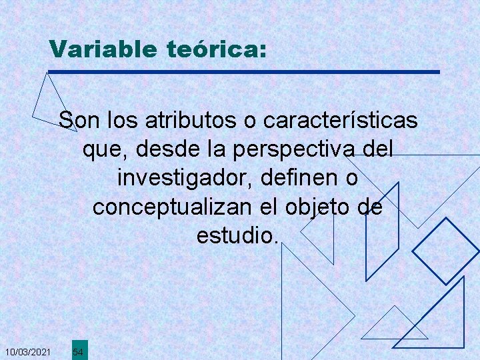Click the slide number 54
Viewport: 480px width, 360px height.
click(78, 351)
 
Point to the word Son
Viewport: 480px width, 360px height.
click(77, 121)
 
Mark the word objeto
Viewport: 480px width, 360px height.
click(318, 207)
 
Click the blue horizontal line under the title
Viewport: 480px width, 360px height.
click(244, 71)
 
